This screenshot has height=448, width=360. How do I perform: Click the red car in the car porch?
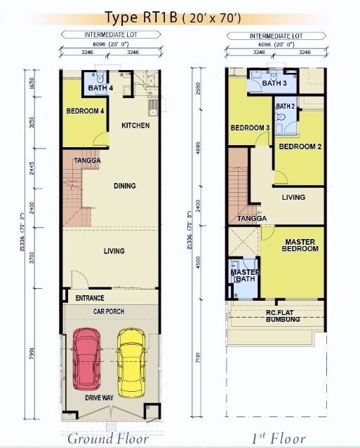click(x=87, y=359)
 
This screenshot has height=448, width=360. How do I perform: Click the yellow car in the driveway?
click(x=131, y=363)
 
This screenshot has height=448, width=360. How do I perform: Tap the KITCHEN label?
click(x=135, y=125)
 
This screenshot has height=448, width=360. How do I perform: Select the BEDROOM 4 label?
click(x=85, y=111)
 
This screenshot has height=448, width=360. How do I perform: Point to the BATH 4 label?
click(x=100, y=88)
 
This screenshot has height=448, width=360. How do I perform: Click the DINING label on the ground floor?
click(x=125, y=186)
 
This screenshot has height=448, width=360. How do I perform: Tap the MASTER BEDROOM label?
click(x=300, y=245)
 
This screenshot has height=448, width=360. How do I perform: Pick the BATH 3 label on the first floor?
click(x=274, y=83)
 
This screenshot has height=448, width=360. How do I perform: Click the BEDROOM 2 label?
click(x=300, y=147)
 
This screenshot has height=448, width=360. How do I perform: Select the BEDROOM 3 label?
click(x=250, y=128)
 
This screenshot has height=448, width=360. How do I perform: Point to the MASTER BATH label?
click(x=245, y=276)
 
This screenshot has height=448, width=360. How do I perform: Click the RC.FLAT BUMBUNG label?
click(x=283, y=316)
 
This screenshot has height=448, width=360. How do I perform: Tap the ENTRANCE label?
click(x=90, y=298)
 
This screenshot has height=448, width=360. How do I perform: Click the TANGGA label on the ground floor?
click(x=87, y=161)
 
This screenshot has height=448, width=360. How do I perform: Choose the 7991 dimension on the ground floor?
click(x=32, y=354)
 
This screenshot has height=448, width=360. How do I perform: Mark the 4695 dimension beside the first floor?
click(x=199, y=149)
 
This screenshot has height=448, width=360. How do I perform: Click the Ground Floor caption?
click(x=108, y=439)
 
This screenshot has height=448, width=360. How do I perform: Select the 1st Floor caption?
click(x=279, y=439)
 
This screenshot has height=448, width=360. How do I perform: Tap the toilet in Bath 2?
click(x=280, y=116)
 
